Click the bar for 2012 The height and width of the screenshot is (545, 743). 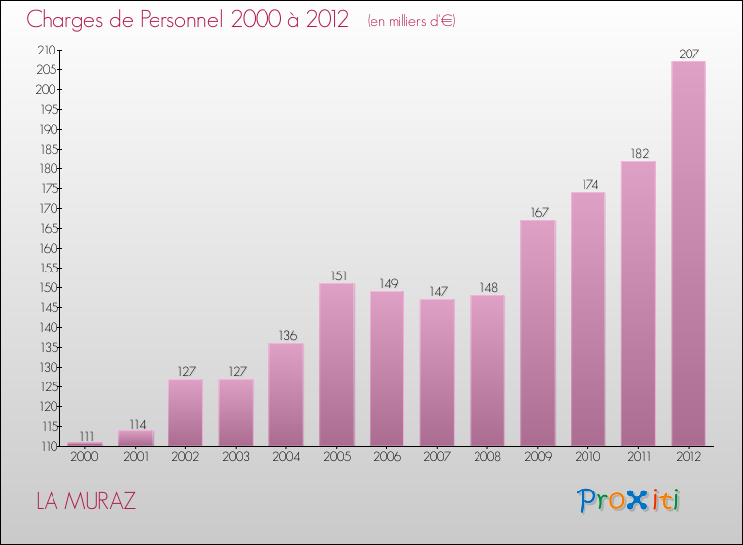click(689, 254)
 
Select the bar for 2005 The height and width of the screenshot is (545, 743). click(337, 365)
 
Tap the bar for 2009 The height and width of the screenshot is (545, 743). click(538, 333)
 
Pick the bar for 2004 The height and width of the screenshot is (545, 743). click(286, 394)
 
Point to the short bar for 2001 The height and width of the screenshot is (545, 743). click(136, 438)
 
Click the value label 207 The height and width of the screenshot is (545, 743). click(689, 54)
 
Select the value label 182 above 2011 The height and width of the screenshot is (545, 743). click(638, 153)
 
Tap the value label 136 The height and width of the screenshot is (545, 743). click(286, 335)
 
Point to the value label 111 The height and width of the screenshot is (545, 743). click(86, 435)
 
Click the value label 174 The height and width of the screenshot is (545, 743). click(587, 184)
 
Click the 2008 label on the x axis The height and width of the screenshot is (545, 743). click(487, 457)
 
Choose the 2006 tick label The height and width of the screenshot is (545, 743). click(387, 457)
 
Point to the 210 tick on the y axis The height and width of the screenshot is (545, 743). click(47, 50)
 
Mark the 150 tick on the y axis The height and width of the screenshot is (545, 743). click(47, 287)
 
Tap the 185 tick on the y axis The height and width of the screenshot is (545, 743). click(47, 149)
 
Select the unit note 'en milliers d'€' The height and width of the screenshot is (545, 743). click(411, 21)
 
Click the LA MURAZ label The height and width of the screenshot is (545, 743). click(85, 501)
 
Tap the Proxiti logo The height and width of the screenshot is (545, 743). click(629, 500)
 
